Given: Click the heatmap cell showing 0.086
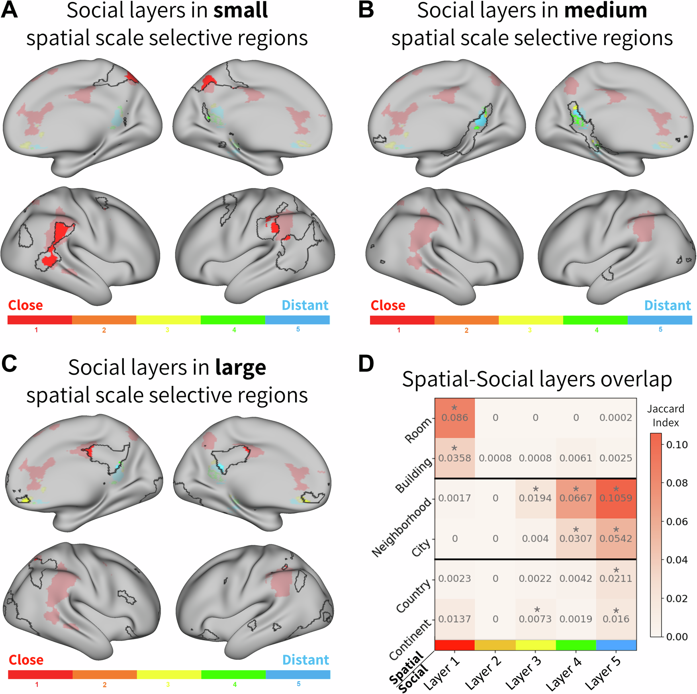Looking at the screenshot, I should tap(454, 418).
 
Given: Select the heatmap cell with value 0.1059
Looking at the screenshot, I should tap(616, 498).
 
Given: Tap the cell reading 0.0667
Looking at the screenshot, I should tap(576, 498).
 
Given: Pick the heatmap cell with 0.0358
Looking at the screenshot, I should tap(454, 458).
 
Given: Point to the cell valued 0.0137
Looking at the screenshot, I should tap(454, 619).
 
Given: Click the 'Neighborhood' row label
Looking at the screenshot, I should tap(402, 527).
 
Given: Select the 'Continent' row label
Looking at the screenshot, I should tap(410, 639).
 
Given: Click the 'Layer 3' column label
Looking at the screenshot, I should tap(523, 673).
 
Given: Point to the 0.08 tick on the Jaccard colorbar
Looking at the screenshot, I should tap(677, 483).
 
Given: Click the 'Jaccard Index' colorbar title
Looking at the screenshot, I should tap(666, 416).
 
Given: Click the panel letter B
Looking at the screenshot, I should tap(366, 10).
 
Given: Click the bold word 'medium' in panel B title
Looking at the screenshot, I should tap(605, 10).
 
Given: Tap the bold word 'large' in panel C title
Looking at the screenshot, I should tap(241, 367).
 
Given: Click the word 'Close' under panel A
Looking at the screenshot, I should tap(25, 305).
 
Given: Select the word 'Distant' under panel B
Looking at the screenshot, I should tap(668, 305).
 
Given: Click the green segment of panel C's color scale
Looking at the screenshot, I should tap(233, 674).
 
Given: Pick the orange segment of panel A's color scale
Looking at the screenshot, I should tap(104, 320).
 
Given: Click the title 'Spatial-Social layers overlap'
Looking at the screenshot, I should tap(537, 379).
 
